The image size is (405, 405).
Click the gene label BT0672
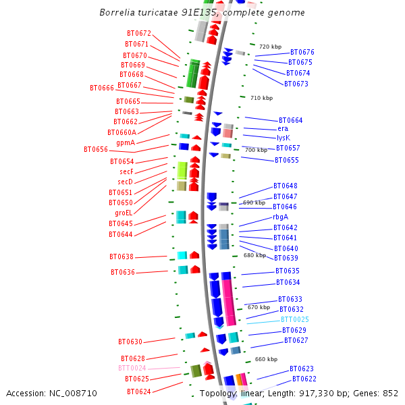tap(139, 33)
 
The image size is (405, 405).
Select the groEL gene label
tap(124, 213)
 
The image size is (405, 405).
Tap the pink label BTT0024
tap(132, 368)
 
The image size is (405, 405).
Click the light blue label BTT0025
tap(295, 319)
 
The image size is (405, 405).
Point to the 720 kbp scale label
tap(270, 47)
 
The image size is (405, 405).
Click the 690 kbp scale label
tap(254, 202)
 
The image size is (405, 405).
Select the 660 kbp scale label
tap(266, 359)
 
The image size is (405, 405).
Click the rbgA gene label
tap(281, 217)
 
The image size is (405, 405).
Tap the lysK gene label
tap(283, 138)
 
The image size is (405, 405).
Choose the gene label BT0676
tap(302, 52)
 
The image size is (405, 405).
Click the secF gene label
tap(126, 171)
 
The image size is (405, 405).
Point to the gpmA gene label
tap(126, 142)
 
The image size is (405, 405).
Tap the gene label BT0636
tap(123, 272)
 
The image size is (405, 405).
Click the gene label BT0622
tap(304, 379)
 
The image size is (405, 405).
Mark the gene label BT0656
tap(96, 149)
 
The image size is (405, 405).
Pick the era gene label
tap(283, 128)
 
